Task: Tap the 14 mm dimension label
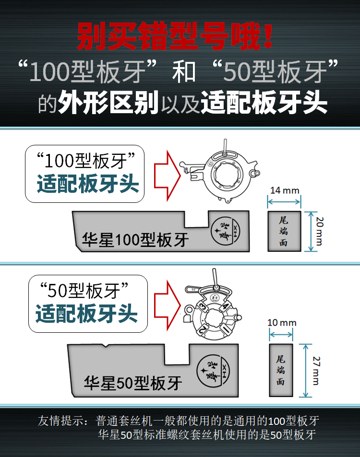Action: point(285,190)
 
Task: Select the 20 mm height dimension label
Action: point(320,231)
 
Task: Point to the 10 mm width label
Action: point(282,323)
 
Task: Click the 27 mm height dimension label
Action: point(316,370)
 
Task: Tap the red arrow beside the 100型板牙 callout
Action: point(167,176)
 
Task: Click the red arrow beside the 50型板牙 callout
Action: point(167,305)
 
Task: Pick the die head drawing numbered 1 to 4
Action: point(213,305)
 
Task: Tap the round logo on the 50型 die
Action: point(213,371)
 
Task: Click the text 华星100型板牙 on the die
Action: point(135,240)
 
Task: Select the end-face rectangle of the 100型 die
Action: point(284,232)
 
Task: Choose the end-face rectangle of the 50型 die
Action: point(281,370)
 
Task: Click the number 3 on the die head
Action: point(202,307)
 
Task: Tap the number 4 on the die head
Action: point(225,306)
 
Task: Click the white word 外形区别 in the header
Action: point(108,103)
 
